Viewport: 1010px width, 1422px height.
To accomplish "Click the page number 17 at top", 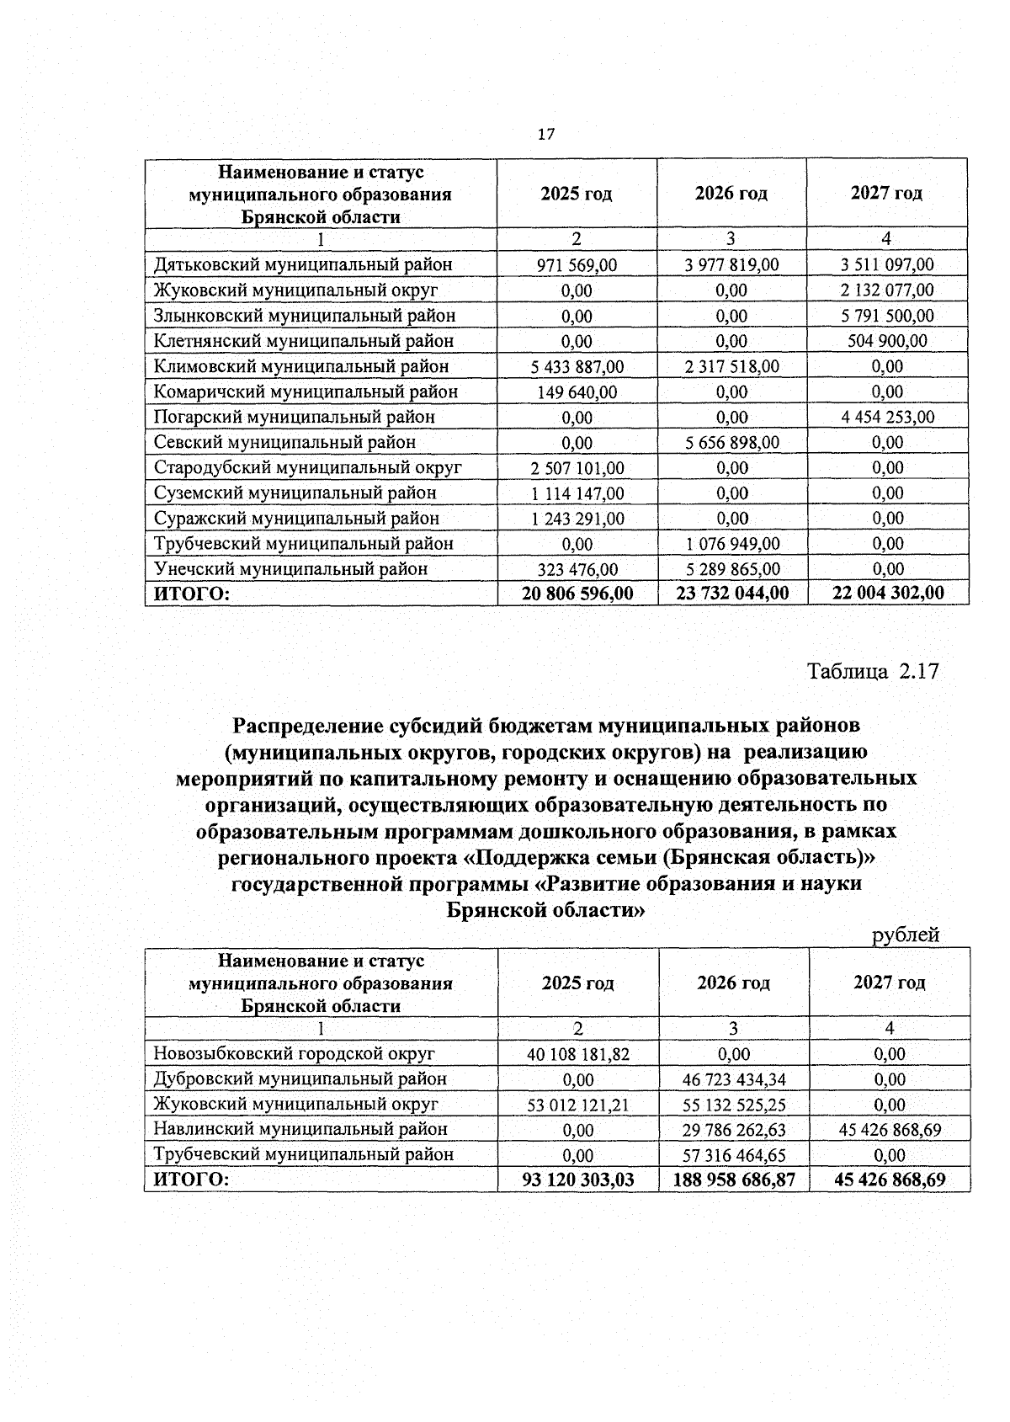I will (x=545, y=134).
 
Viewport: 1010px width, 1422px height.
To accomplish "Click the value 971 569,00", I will (x=577, y=265).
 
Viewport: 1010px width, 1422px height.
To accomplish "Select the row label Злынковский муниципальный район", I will (x=304, y=316).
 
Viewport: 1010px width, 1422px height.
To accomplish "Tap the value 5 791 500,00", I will (x=887, y=316).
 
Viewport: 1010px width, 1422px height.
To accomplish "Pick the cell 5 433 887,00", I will (x=577, y=366).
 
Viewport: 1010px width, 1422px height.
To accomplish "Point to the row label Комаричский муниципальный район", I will (x=306, y=391).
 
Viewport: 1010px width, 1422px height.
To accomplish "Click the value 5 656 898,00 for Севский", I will (x=731, y=442).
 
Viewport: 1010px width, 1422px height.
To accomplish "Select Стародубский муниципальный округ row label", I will (x=307, y=467).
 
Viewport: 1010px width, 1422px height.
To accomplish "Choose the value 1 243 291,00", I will (x=577, y=519).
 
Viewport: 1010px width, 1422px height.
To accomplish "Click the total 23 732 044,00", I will (x=732, y=594).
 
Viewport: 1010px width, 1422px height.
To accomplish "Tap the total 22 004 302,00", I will (x=888, y=594).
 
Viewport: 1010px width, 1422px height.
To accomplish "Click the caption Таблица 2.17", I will (x=873, y=672).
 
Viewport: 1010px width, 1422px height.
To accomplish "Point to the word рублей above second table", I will (x=906, y=935).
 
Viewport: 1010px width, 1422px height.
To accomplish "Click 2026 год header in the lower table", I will (x=733, y=983).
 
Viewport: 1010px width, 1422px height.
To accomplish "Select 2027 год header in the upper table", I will (x=886, y=194).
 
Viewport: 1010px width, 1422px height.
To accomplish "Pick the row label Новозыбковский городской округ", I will (x=294, y=1053).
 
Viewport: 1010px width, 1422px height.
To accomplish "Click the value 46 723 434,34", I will (x=733, y=1079).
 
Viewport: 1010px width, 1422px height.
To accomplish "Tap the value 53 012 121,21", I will (x=577, y=1105).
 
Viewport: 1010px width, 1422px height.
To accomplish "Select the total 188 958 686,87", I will (x=733, y=1180).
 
